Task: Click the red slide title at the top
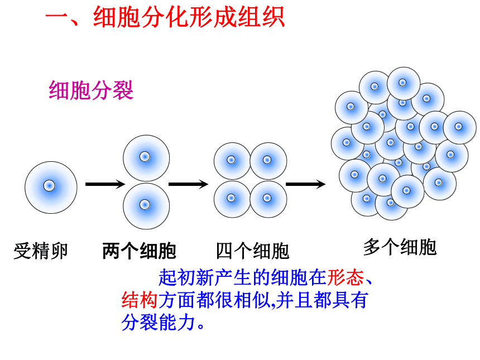pyautogui.click(x=165, y=17)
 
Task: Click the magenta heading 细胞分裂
pyautogui.click(x=91, y=90)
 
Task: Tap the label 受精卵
pyautogui.click(x=40, y=251)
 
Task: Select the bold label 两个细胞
pyautogui.click(x=139, y=251)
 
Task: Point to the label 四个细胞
pyautogui.click(x=252, y=251)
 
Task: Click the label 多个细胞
pyautogui.click(x=400, y=247)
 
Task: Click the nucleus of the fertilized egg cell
pyautogui.click(x=49, y=185)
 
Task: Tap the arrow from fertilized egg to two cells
pyautogui.click(x=105, y=184)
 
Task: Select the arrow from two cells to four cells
pyautogui.click(x=189, y=184)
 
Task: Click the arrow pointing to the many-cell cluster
pyautogui.click(x=305, y=184)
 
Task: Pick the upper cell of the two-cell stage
pyautogui.click(x=146, y=159)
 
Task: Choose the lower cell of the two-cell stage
pyautogui.click(x=146, y=206)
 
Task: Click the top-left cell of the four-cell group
pyautogui.click(x=232, y=161)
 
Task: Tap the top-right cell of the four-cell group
pyautogui.click(x=268, y=161)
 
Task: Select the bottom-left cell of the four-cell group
pyautogui.click(x=232, y=199)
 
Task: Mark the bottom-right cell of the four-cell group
pyautogui.click(x=268, y=199)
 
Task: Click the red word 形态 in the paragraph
pyautogui.click(x=345, y=278)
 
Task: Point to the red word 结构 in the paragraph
pyautogui.click(x=140, y=300)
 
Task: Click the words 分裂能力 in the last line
pyautogui.click(x=159, y=322)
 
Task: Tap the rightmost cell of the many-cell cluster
pyautogui.click(x=460, y=127)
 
